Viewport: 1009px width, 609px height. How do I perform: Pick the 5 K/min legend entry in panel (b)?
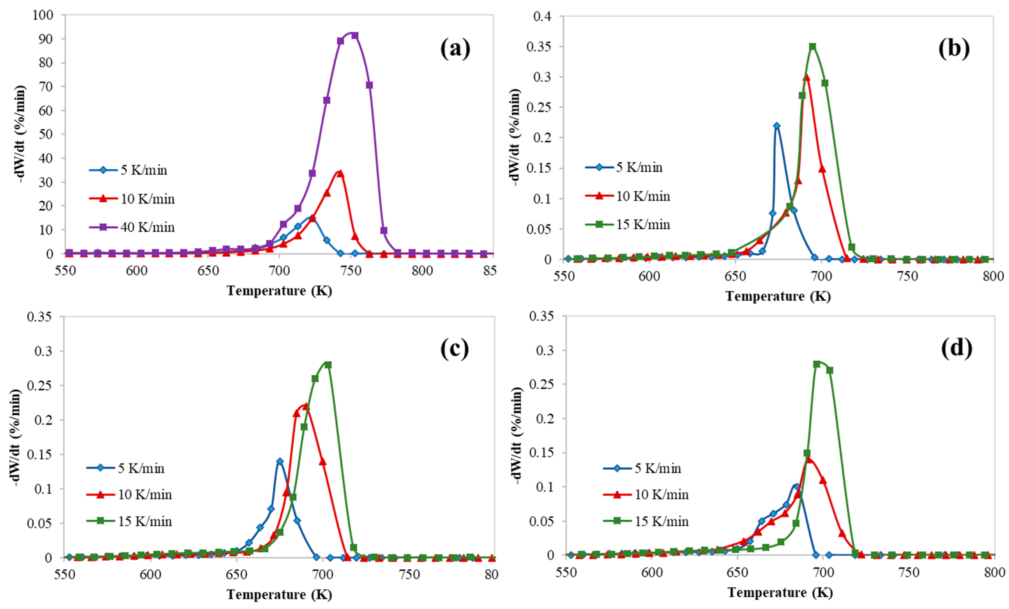(x=624, y=167)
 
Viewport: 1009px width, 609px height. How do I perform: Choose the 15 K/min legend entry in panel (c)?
(x=129, y=521)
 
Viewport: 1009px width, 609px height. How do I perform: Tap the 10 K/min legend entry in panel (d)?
(x=646, y=494)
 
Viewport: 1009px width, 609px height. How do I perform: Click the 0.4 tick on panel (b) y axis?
(x=543, y=16)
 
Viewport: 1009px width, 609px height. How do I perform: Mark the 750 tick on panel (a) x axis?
(x=351, y=271)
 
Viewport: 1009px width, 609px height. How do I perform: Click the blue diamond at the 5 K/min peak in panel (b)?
(x=776, y=126)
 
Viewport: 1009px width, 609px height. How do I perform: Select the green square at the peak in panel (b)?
(x=812, y=47)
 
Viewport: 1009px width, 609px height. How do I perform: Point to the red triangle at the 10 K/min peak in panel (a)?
(x=340, y=174)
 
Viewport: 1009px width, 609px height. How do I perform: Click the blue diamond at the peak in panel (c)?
(x=280, y=461)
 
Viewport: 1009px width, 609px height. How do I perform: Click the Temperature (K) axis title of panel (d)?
(x=780, y=592)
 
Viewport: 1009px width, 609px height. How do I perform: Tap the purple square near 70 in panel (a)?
(x=369, y=85)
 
